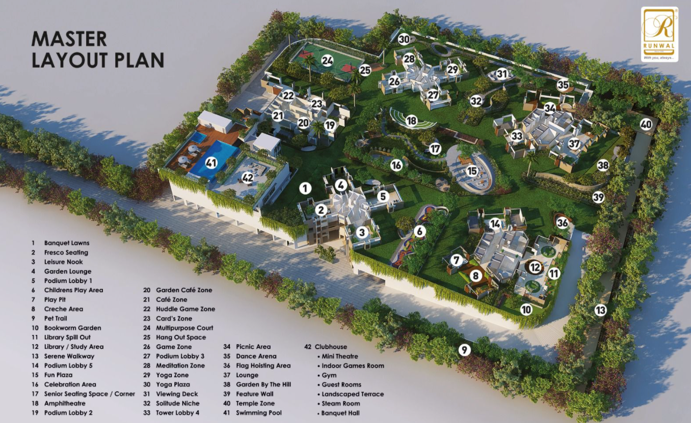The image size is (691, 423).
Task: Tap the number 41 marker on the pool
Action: pos(211,163)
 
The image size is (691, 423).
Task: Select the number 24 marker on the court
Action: pos(327,61)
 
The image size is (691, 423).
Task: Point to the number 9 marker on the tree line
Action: pos(464,350)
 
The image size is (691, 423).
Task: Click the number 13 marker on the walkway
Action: pos(601,309)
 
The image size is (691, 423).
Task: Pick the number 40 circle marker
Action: pos(646,124)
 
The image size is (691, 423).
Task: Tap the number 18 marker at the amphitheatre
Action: pos(411,121)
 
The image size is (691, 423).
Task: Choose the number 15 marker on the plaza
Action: pos(472,172)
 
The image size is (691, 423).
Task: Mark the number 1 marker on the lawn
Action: pos(305,188)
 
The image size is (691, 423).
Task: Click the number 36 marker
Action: pos(562,222)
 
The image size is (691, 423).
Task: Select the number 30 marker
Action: pos(404,39)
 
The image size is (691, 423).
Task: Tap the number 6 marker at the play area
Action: pos(419,231)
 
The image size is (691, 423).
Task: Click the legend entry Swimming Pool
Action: pos(258,413)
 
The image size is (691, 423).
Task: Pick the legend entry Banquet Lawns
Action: pos(66,243)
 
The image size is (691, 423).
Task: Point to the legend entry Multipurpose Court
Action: pos(184,328)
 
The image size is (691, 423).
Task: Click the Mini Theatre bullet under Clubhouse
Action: pos(339,356)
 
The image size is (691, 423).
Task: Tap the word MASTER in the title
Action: pos(69,39)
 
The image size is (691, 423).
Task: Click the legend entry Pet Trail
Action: pos(56,319)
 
